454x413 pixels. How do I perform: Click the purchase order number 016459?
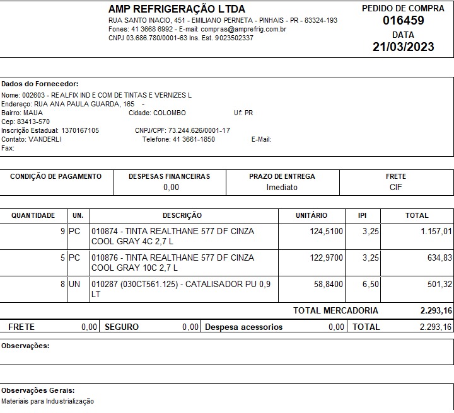[x=403, y=20]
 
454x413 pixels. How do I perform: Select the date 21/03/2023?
[x=403, y=47]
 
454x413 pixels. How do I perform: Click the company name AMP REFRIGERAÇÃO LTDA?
[x=177, y=9]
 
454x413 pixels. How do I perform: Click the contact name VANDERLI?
[x=45, y=139]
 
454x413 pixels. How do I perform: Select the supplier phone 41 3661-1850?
[x=194, y=139]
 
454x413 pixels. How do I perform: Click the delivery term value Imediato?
[x=282, y=187]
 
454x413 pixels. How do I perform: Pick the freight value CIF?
[x=395, y=187]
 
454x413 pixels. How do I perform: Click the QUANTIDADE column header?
[x=33, y=215]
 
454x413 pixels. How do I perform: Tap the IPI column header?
[x=362, y=215]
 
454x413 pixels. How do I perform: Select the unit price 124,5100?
[x=327, y=232]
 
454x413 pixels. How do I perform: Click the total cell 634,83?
[x=439, y=258]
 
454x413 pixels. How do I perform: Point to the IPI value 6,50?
[x=371, y=285]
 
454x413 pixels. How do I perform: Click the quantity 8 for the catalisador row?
[x=62, y=285]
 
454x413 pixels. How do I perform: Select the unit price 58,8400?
[x=329, y=285]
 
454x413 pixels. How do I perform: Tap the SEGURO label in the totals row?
[x=122, y=327]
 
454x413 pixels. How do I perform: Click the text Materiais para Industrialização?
[x=47, y=401]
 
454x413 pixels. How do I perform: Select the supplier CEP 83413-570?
[x=35, y=122]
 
